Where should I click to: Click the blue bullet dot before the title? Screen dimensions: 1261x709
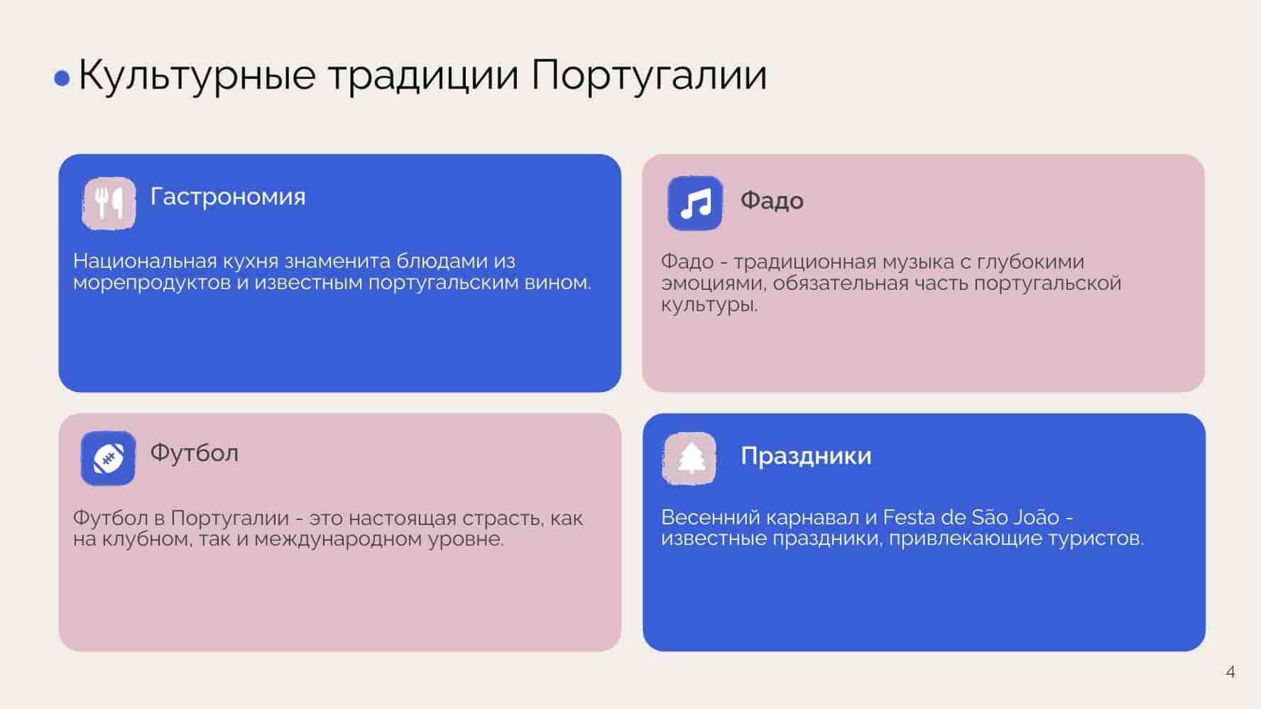pyautogui.click(x=62, y=78)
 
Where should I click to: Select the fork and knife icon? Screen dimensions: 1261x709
pyautogui.click(x=109, y=203)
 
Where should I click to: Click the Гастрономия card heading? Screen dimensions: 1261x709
pyautogui.click(x=228, y=196)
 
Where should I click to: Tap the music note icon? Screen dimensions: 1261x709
pyautogui.click(x=695, y=203)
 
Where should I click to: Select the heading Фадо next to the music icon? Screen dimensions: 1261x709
pyautogui.click(x=772, y=201)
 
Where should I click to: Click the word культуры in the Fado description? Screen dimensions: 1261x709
pyautogui.click(x=709, y=305)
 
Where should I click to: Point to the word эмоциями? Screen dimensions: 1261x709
pyautogui.click(x=714, y=283)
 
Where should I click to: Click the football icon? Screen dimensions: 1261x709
pyautogui.click(x=108, y=458)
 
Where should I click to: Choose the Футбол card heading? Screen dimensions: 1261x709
pyautogui.click(x=195, y=453)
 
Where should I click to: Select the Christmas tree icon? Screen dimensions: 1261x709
pyautogui.click(x=689, y=459)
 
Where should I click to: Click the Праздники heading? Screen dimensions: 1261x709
pyautogui.click(x=806, y=455)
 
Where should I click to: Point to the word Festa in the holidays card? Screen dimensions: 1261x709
pyautogui.click(x=908, y=517)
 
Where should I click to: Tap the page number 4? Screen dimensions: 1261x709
pyautogui.click(x=1230, y=671)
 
